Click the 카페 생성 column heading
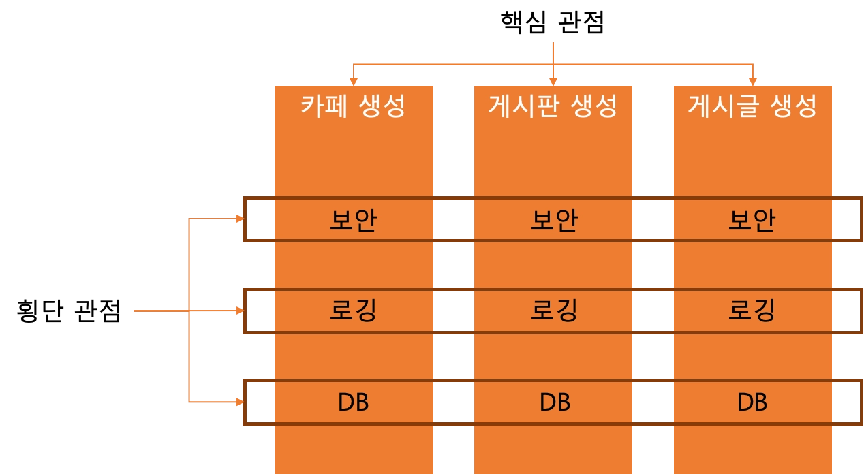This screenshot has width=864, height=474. point(353,106)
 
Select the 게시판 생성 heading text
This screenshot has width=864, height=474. point(553,106)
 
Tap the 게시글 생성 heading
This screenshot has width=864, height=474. point(752,106)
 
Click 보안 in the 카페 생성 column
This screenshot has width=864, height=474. point(353,220)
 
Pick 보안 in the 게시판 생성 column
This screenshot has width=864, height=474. point(553,220)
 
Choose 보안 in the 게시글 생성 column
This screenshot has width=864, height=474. point(752,220)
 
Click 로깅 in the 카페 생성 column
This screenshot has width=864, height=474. point(353,311)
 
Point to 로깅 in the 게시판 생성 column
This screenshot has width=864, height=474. point(553,311)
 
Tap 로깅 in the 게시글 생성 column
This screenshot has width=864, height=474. point(752,311)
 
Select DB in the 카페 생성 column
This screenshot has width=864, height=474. point(353,402)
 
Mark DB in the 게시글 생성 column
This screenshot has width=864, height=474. point(752,402)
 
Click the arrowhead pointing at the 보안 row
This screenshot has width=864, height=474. point(239,219)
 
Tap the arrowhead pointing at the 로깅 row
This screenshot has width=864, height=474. point(239,311)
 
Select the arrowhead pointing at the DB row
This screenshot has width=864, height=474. point(239,402)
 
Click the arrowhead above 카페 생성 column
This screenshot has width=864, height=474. point(354,79)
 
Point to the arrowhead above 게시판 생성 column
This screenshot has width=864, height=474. point(553,79)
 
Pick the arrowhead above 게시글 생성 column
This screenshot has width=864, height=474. point(753,79)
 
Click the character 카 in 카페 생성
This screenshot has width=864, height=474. point(312,106)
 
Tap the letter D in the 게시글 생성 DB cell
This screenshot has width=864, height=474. point(745,402)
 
